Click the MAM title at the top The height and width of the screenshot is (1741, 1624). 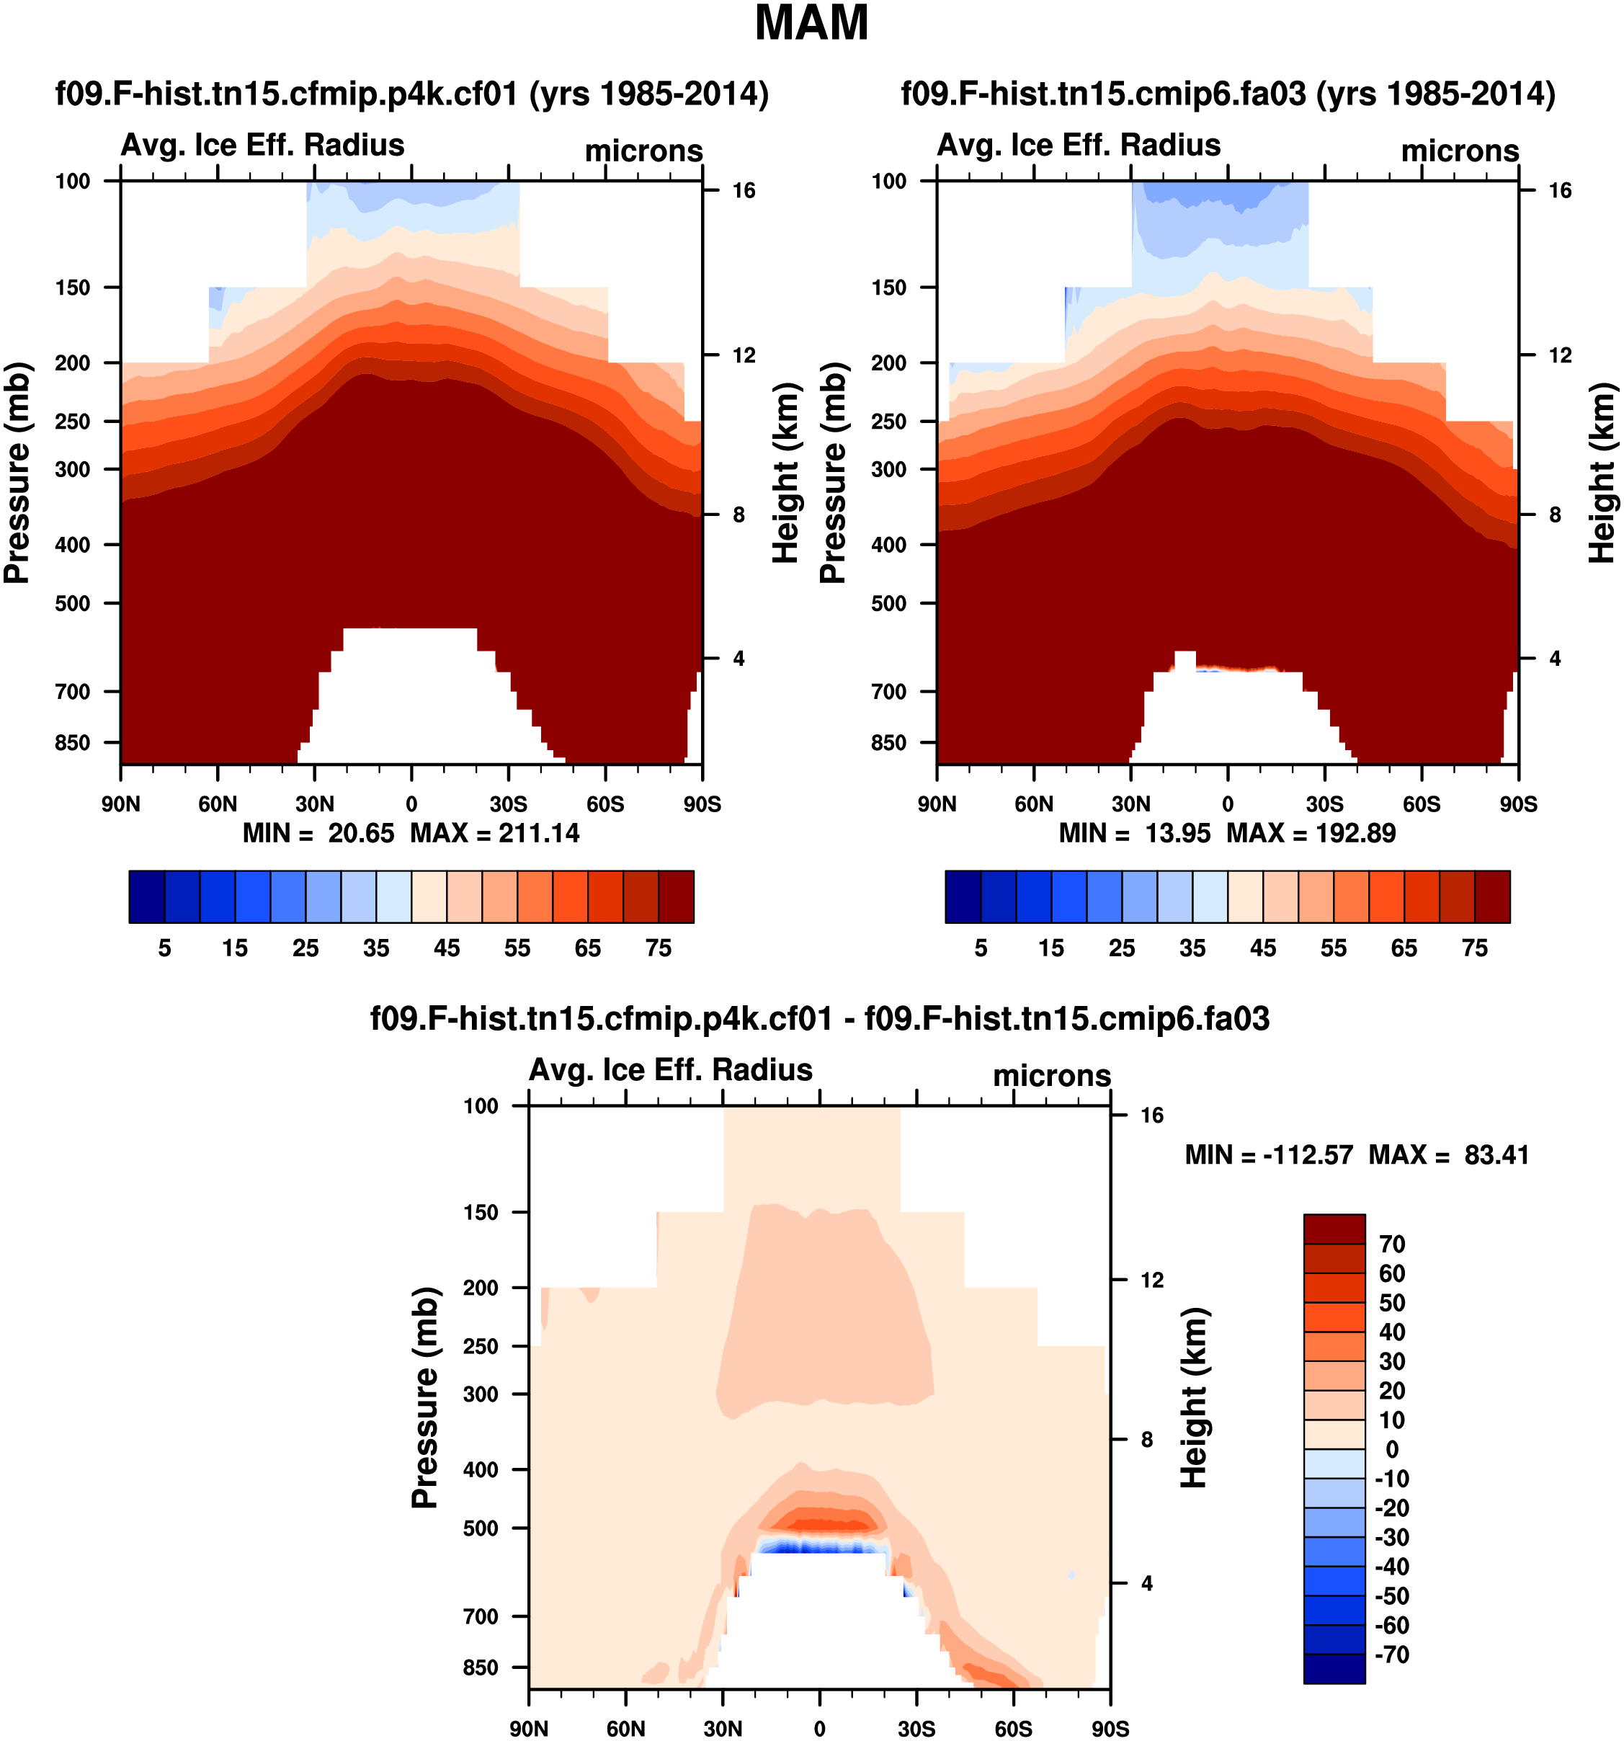click(811, 24)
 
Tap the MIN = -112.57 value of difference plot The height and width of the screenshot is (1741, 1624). click(1269, 1155)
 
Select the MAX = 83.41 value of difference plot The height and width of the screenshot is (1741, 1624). click(1449, 1155)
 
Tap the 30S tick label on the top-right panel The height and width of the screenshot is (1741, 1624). click(1324, 804)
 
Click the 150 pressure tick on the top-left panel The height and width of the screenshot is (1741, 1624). click(73, 288)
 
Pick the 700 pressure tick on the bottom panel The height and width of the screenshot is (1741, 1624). click(481, 1616)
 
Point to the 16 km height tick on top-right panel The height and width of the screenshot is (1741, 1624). click(1560, 191)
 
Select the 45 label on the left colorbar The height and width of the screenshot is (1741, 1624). click(447, 948)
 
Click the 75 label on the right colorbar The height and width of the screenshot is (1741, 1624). click(1474, 948)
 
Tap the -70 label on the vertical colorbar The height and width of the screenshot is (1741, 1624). click(1393, 1655)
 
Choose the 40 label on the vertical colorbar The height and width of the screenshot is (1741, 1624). click(1392, 1332)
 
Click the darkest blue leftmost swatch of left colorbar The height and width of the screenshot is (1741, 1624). click(146, 896)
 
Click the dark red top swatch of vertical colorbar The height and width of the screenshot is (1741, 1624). click(1334, 1229)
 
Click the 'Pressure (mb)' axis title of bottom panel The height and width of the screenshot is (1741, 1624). click(424, 1398)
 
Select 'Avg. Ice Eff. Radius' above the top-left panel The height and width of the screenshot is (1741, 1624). click(263, 146)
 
